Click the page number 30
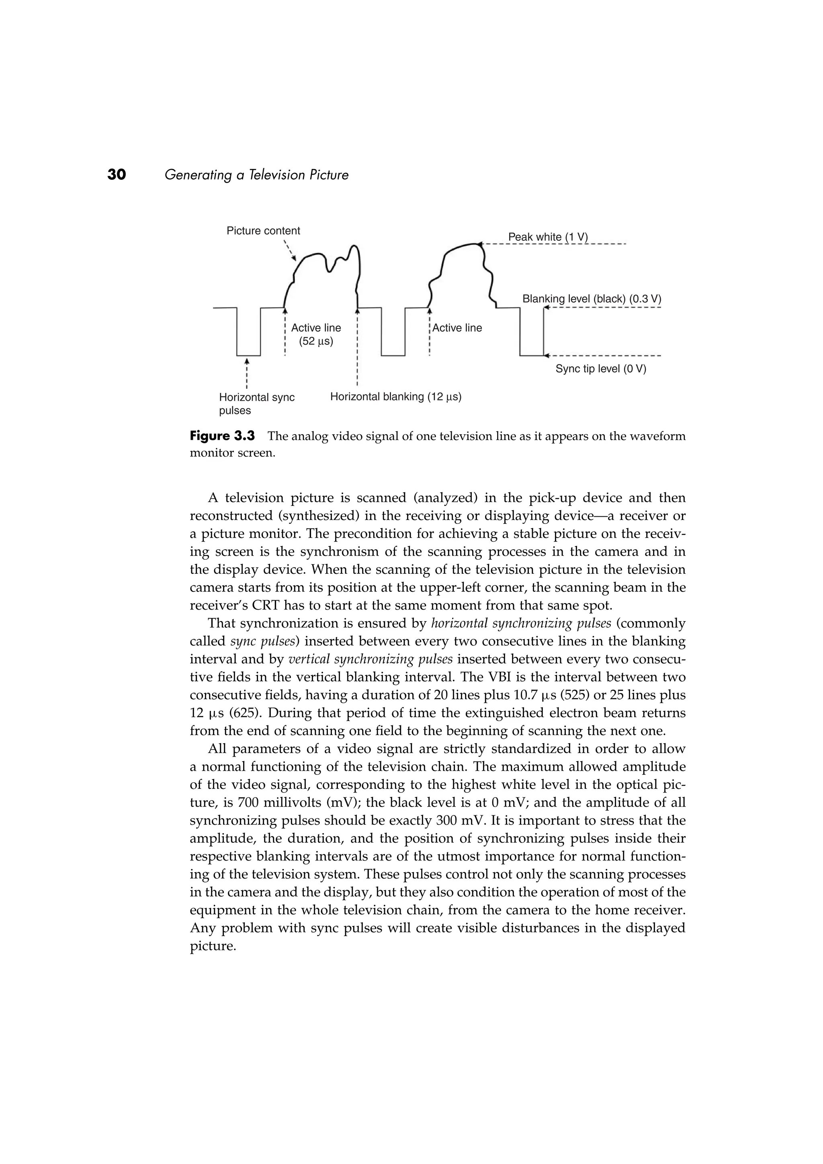(x=117, y=175)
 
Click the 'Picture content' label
(x=263, y=231)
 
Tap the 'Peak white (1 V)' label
(x=547, y=237)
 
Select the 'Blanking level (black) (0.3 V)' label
(x=592, y=299)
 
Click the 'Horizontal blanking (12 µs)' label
(x=395, y=396)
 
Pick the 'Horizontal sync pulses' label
(x=256, y=404)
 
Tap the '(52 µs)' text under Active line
(x=316, y=341)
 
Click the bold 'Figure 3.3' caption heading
(x=222, y=436)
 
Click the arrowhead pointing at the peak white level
(x=479, y=244)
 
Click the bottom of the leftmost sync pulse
(x=248, y=355)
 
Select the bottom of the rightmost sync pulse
(x=532, y=355)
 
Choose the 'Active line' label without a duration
(x=457, y=328)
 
